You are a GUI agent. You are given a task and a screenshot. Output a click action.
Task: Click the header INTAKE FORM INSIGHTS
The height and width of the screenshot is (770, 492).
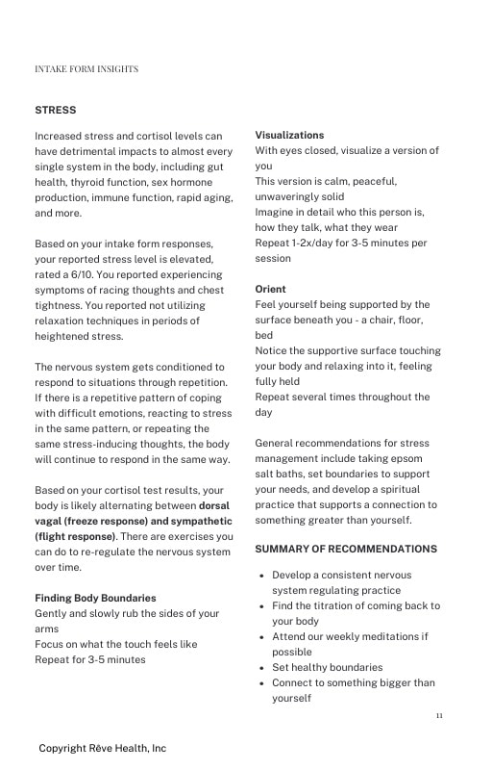[86, 69]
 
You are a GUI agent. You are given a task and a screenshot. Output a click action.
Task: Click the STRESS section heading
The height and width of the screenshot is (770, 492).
[55, 111]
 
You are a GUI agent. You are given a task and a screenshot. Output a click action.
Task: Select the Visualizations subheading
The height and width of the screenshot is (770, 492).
[289, 136]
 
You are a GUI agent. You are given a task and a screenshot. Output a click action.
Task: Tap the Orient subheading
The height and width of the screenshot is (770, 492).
[270, 290]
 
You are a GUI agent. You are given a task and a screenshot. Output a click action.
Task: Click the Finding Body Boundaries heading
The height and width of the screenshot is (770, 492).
[95, 599]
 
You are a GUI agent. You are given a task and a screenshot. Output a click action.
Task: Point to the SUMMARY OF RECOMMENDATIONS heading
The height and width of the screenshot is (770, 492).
[345, 550]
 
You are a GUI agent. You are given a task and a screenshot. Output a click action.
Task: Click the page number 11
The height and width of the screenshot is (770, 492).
[439, 716]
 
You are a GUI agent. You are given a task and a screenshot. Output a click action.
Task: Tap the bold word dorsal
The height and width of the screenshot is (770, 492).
[214, 506]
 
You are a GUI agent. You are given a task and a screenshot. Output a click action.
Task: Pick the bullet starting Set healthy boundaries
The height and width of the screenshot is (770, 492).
[327, 668]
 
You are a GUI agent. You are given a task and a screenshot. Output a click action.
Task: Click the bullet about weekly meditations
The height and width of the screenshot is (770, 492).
[350, 637]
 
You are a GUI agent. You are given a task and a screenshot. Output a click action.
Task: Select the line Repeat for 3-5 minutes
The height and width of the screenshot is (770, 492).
[90, 660]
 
